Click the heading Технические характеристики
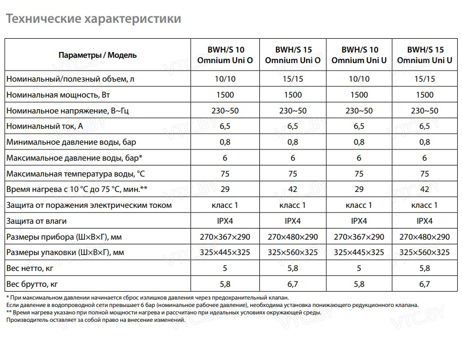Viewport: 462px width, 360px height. tap(93, 19)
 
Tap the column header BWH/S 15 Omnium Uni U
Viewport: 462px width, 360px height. tap(424, 55)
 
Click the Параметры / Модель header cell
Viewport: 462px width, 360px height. tap(98, 55)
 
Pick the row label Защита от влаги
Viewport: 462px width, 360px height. tap(37, 221)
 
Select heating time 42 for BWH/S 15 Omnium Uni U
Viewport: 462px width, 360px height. tap(425, 189)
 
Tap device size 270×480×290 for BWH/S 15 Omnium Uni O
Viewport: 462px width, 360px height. tap(293, 236)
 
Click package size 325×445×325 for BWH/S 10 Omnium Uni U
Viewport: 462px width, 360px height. tap(359, 252)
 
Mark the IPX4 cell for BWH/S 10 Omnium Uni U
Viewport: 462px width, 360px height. tap(359, 221)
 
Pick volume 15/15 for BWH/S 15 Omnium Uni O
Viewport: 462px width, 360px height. tap(293, 79)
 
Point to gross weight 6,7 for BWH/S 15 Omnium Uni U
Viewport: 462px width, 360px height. tap(425, 284)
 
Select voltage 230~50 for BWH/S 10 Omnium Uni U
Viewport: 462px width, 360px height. tap(359, 111)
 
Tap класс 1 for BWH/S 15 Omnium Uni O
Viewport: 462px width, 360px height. tap(293, 205)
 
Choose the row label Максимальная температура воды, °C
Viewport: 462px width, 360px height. tap(75, 174)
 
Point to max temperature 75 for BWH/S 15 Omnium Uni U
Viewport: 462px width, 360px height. tap(425, 174)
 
